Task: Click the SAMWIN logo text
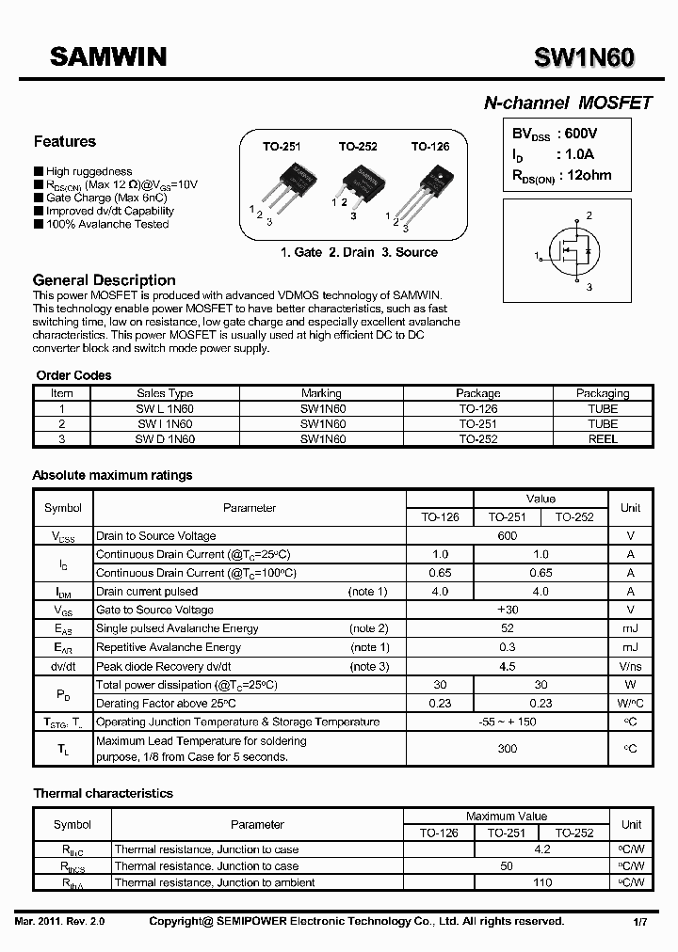coord(108,58)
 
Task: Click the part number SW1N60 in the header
coord(584,59)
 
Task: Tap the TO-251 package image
coord(284,188)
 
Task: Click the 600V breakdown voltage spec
coord(578,135)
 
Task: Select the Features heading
coord(64,142)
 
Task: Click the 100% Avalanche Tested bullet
coord(106,224)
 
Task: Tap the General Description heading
coord(104,280)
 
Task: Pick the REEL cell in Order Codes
coord(603,439)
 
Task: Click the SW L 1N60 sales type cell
coord(165,409)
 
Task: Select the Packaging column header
coord(603,393)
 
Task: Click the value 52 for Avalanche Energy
coord(507,628)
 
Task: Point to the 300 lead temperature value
coord(507,749)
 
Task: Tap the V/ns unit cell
coord(631,666)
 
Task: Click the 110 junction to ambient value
coord(542,882)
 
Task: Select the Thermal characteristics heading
coord(103,793)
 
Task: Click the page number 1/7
coord(639,922)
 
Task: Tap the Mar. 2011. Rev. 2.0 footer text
coord(60,922)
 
